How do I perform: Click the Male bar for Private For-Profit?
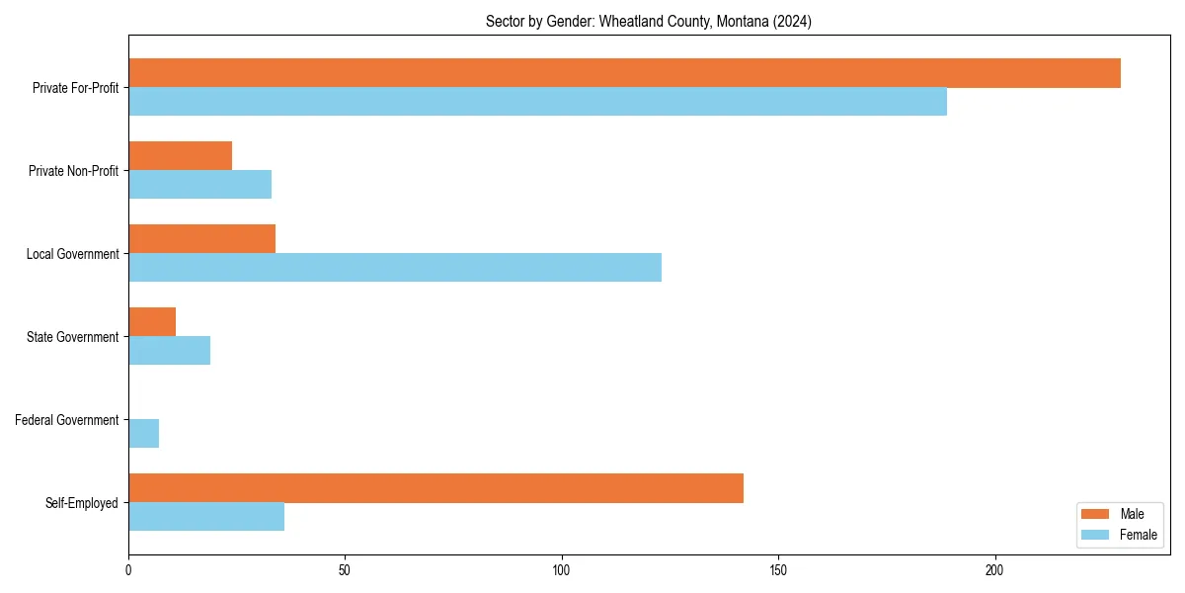tap(624, 73)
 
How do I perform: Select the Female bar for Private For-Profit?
tap(537, 102)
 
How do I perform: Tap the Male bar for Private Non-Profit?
tap(180, 156)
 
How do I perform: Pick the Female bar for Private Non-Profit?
tap(199, 185)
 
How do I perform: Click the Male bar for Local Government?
tap(201, 239)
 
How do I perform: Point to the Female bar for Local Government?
tap(395, 268)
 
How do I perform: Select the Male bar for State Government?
tap(152, 322)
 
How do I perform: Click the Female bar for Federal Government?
tap(143, 434)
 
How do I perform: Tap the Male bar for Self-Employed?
tap(435, 488)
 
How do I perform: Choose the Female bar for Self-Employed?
tap(206, 517)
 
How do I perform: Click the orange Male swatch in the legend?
tap(1095, 514)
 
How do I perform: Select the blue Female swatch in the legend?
tap(1095, 535)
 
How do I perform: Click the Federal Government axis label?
tap(66, 420)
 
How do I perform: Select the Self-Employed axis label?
tap(82, 503)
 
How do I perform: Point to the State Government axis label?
tap(72, 337)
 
